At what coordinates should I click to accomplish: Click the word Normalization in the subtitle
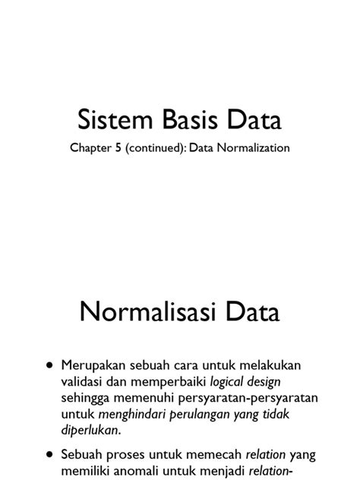click(x=252, y=148)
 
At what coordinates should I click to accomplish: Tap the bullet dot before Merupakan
click(x=50, y=365)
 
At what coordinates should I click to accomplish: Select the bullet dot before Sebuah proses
click(x=50, y=456)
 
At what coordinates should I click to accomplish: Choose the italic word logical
click(x=230, y=383)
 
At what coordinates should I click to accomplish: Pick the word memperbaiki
click(x=168, y=383)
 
